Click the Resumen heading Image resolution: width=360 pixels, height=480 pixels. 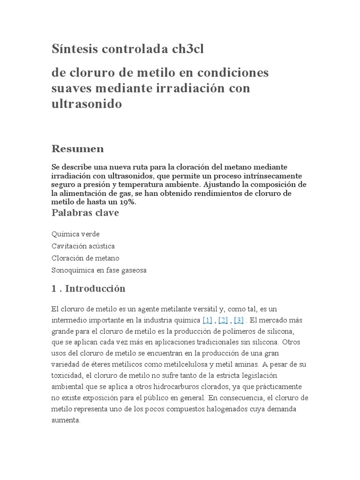coord(77,149)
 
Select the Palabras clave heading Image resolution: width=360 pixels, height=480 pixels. coord(85,213)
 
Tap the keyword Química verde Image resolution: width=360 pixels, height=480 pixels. coord(75,233)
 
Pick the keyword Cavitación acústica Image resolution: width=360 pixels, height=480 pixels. coord(83,246)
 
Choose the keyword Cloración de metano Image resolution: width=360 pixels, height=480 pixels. coord(85,258)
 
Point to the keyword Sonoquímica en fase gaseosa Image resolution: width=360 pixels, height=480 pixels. coord(99,270)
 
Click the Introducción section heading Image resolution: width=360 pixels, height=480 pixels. coord(95,288)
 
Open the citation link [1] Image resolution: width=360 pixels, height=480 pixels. coord(207,320)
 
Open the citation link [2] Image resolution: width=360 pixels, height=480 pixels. coord(223,320)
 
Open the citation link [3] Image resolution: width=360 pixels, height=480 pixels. coord(238,320)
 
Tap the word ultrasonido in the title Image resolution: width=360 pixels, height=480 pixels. coord(86,104)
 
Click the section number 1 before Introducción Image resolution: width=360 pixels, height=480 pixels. coord(54,289)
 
